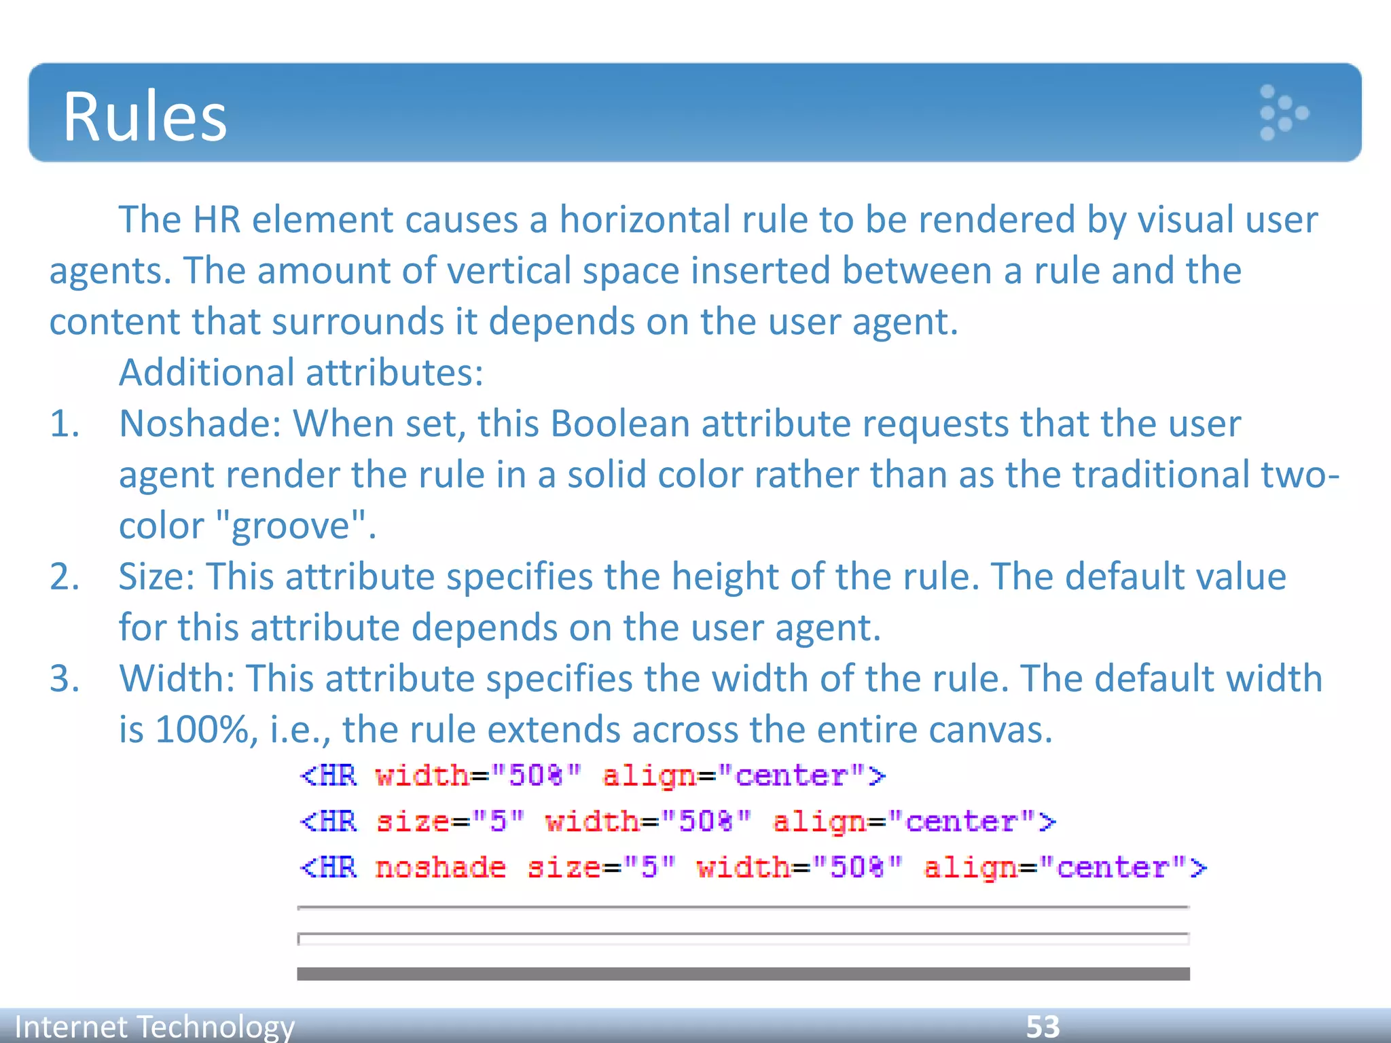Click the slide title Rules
click(145, 117)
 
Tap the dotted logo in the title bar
click(1282, 113)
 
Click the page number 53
click(1043, 1026)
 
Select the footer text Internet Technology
click(155, 1026)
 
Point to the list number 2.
click(64, 577)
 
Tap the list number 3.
click(64, 678)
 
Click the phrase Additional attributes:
click(301, 373)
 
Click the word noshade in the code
click(440, 868)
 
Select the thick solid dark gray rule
click(743, 974)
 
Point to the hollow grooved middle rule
click(743, 939)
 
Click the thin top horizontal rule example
click(743, 907)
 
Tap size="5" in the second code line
click(450, 822)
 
